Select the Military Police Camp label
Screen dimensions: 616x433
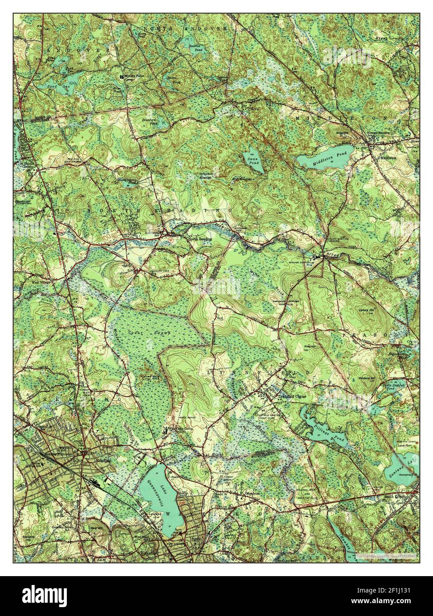tap(135, 77)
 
